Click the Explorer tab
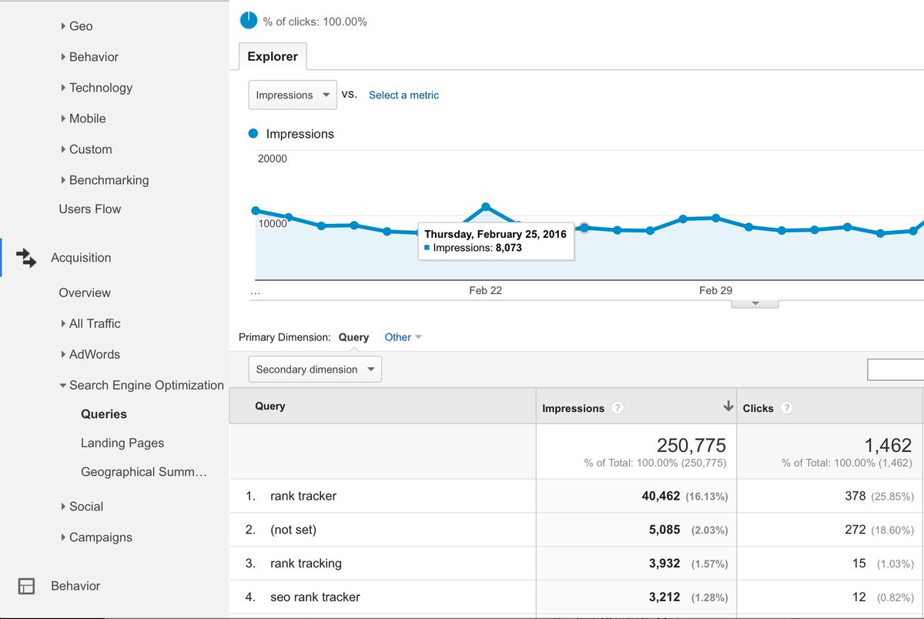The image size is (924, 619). click(273, 57)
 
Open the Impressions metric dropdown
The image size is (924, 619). click(293, 95)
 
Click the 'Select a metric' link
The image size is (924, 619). click(403, 95)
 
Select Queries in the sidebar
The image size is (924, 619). click(104, 414)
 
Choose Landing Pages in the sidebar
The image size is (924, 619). click(122, 443)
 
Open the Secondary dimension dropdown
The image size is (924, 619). click(315, 370)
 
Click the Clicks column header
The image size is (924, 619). click(758, 409)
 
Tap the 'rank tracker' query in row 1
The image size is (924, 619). click(303, 497)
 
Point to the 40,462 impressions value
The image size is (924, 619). click(661, 497)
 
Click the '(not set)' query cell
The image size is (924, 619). click(293, 530)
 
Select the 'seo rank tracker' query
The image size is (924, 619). click(315, 597)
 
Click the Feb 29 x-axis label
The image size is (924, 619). click(715, 290)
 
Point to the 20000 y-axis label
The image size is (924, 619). click(272, 159)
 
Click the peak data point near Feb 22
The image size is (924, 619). click(486, 206)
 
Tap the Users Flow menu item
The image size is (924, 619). click(90, 209)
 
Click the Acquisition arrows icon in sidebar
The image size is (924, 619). click(26, 258)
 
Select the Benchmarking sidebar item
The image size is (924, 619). click(109, 180)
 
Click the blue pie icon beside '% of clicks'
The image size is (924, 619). click(249, 21)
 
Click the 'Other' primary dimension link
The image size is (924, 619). click(398, 337)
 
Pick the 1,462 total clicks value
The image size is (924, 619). click(889, 446)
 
